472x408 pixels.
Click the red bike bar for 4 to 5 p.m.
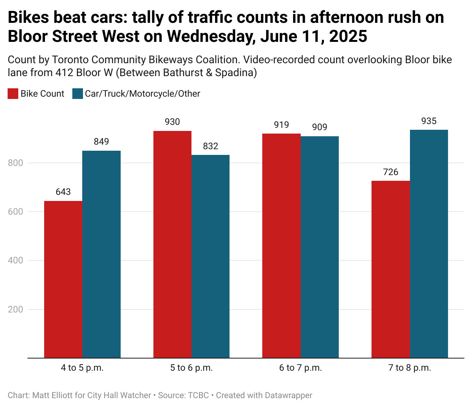pos(63,279)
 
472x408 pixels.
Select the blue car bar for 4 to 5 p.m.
pos(101,254)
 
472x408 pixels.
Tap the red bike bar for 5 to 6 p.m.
pos(172,244)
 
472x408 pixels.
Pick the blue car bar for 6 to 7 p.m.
pos(320,247)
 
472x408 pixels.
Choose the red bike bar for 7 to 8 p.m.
pos(391,269)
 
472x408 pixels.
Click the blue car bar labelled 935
pos(429,244)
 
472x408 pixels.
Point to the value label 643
pos(63,192)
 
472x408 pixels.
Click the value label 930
pos(172,122)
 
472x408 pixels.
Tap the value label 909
pos(320,127)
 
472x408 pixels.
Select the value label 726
pos(391,172)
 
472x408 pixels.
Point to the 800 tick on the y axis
pos(16,163)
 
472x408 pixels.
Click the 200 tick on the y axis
pos(16,309)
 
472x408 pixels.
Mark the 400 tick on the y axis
pos(16,260)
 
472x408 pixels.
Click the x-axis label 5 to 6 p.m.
pos(191,368)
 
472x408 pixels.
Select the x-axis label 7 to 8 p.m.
pos(410,368)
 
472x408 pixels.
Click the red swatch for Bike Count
pos(13,94)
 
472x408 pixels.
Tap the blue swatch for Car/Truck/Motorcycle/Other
pos(78,94)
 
